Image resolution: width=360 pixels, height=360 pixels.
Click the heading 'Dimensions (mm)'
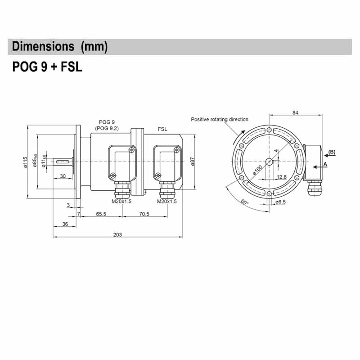tap(60, 47)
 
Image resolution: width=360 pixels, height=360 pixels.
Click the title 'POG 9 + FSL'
tap(47, 67)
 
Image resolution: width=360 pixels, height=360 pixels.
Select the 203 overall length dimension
tap(118, 234)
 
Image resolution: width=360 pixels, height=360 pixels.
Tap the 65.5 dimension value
tap(101, 214)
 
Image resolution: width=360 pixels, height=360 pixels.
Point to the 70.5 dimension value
tap(144, 214)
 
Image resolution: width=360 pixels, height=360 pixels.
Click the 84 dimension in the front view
tap(295, 112)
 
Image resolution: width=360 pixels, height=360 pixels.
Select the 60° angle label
tap(244, 202)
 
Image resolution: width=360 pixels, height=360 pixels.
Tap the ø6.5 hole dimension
tap(281, 202)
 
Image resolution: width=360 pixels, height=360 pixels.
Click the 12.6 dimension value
tap(281, 177)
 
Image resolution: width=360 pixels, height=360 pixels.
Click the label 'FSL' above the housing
tap(162, 129)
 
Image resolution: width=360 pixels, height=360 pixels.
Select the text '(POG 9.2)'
tap(107, 128)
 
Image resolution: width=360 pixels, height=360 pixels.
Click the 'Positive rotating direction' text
tap(219, 119)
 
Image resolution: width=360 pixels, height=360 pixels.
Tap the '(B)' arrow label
tap(332, 152)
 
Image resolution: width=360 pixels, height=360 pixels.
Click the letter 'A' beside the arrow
tap(325, 165)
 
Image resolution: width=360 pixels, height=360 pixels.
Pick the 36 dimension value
tap(65, 224)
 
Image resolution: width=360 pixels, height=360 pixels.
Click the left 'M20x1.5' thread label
tap(121, 202)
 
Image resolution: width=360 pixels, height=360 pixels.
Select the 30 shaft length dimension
tap(63, 176)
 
